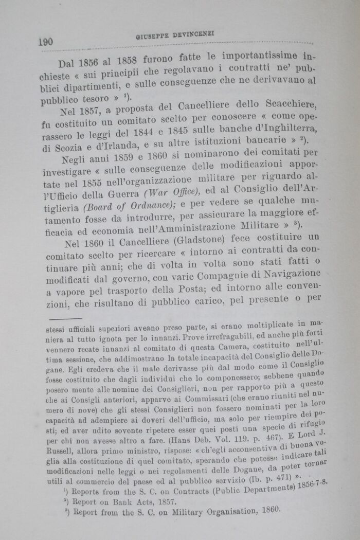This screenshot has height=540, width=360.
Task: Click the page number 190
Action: click(x=45, y=42)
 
